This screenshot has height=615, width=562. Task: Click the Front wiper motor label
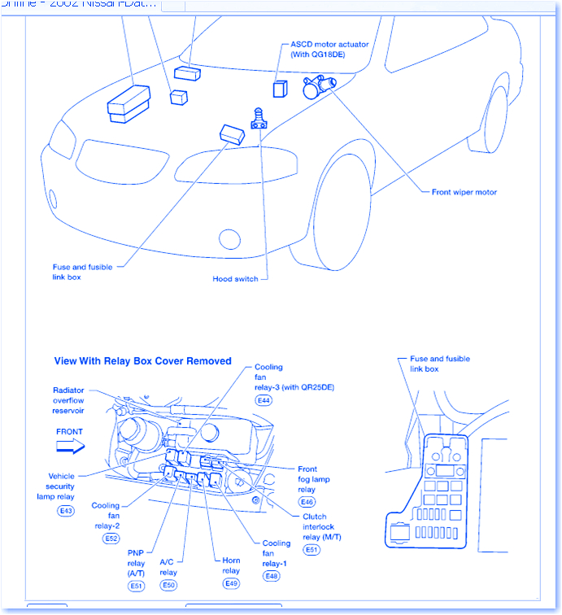pos(464,193)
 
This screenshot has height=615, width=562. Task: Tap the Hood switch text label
pos(235,279)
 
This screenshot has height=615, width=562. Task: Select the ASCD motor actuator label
pos(329,49)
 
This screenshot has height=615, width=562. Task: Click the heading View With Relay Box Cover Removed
pos(142,361)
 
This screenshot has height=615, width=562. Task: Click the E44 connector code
pos(264,401)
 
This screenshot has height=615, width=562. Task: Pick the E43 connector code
pos(65,510)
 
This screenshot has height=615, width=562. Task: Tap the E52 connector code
pos(111,539)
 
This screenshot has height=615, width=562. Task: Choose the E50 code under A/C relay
pos(168,585)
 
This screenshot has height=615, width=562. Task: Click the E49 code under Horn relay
pos(231,583)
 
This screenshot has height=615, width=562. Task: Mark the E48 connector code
pos(272,576)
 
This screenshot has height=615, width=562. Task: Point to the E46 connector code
pos(307,502)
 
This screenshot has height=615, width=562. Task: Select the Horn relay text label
pos(231,565)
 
